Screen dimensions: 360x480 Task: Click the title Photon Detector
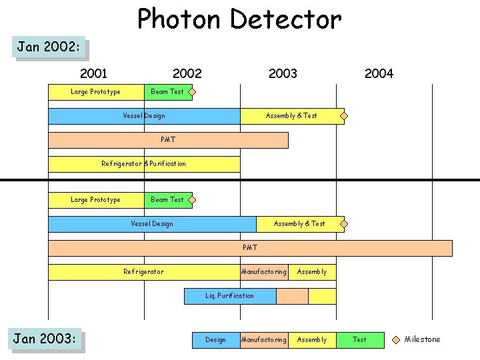[x=239, y=19]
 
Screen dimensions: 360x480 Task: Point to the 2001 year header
[x=93, y=73]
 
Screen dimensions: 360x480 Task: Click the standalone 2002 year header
[x=187, y=73]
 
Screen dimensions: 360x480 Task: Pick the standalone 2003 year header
[x=283, y=73]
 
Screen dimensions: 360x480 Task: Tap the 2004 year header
[x=379, y=73]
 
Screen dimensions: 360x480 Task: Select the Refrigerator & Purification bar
[x=144, y=164]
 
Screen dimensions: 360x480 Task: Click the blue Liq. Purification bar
[x=230, y=296]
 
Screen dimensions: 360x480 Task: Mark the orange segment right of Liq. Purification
[x=292, y=296]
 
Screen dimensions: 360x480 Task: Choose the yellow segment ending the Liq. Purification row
[x=322, y=296]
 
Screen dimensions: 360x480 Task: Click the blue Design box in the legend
[x=216, y=340]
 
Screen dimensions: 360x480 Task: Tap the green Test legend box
[x=360, y=340]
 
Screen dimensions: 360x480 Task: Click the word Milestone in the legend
[x=423, y=339]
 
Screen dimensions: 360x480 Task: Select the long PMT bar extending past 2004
[x=250, y=248]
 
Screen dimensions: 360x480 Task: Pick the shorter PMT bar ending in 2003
[x=168, y=140]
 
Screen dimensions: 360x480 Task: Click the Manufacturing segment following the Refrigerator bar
[x=264, y=272]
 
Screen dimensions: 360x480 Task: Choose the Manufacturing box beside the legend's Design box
[x=264, y=340]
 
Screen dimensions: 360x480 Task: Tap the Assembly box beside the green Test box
[x=312, y=340]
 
